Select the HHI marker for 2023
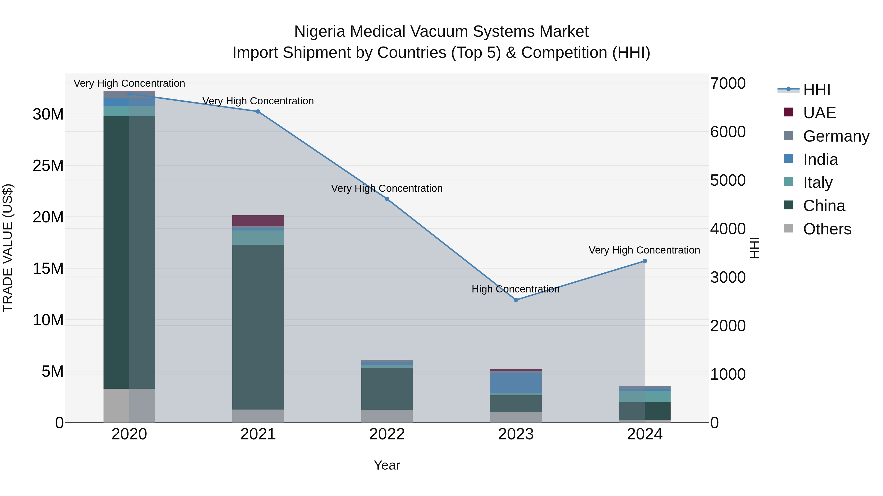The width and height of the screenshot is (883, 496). [516, 300]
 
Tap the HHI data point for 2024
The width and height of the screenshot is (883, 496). [645, 261]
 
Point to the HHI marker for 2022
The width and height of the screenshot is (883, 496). [387, 199]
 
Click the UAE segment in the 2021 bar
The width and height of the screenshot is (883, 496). [258, 221]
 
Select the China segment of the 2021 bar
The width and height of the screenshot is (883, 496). [258, 327]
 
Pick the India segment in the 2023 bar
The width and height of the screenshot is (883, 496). [516, 382]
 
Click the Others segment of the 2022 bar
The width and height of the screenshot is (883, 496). [387, 416]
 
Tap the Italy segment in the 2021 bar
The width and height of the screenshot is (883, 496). [258, 238]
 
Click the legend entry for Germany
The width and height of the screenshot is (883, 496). [836, 136]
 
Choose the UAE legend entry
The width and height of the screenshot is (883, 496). [819, 113]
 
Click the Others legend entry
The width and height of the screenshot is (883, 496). [827, 229]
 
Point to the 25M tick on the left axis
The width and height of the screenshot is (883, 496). [48, 166]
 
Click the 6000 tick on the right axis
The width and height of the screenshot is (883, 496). [728, 132]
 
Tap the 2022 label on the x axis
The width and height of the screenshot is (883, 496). [387, 434]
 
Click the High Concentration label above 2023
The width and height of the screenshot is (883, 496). [516, 289]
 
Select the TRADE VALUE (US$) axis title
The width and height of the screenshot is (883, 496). [8, 248]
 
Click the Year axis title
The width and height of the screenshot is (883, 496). [387, 465]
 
